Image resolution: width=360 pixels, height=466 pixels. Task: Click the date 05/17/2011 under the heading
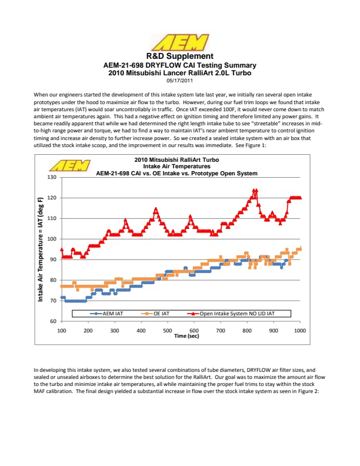coord(180,81)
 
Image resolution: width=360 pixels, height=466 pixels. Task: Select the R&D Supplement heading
coord(180,56)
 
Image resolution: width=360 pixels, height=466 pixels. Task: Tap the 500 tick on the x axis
coord(168,331)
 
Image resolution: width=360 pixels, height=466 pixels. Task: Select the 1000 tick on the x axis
coord(300,331)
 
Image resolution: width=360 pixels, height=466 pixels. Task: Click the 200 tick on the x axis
coord(88,331)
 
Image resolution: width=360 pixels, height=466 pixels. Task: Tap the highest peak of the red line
coord(255,190)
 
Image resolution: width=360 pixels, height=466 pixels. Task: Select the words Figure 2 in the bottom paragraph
coord(306,390)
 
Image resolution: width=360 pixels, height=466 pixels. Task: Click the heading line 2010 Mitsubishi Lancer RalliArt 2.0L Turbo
coord(180,73)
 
